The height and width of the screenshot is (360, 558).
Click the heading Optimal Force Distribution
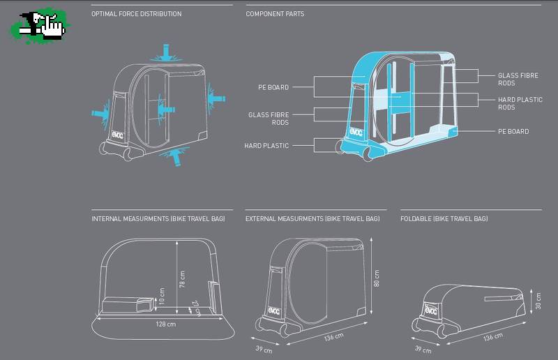point(137,14)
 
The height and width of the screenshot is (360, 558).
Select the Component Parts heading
point(275,14)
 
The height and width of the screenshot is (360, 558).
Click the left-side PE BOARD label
point(273,87)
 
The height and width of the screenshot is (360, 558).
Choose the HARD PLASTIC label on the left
point(266,146)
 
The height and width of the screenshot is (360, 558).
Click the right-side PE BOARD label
point(513,131)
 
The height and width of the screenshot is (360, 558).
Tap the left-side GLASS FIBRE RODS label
point(269,119)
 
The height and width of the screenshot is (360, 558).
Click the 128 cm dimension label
point(165,324)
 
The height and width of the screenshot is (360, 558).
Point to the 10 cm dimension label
point(162,297)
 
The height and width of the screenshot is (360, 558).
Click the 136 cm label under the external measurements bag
point(333,338)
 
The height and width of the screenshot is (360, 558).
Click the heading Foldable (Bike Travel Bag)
point(444,219)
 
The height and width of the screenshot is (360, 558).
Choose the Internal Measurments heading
point(158,219)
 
